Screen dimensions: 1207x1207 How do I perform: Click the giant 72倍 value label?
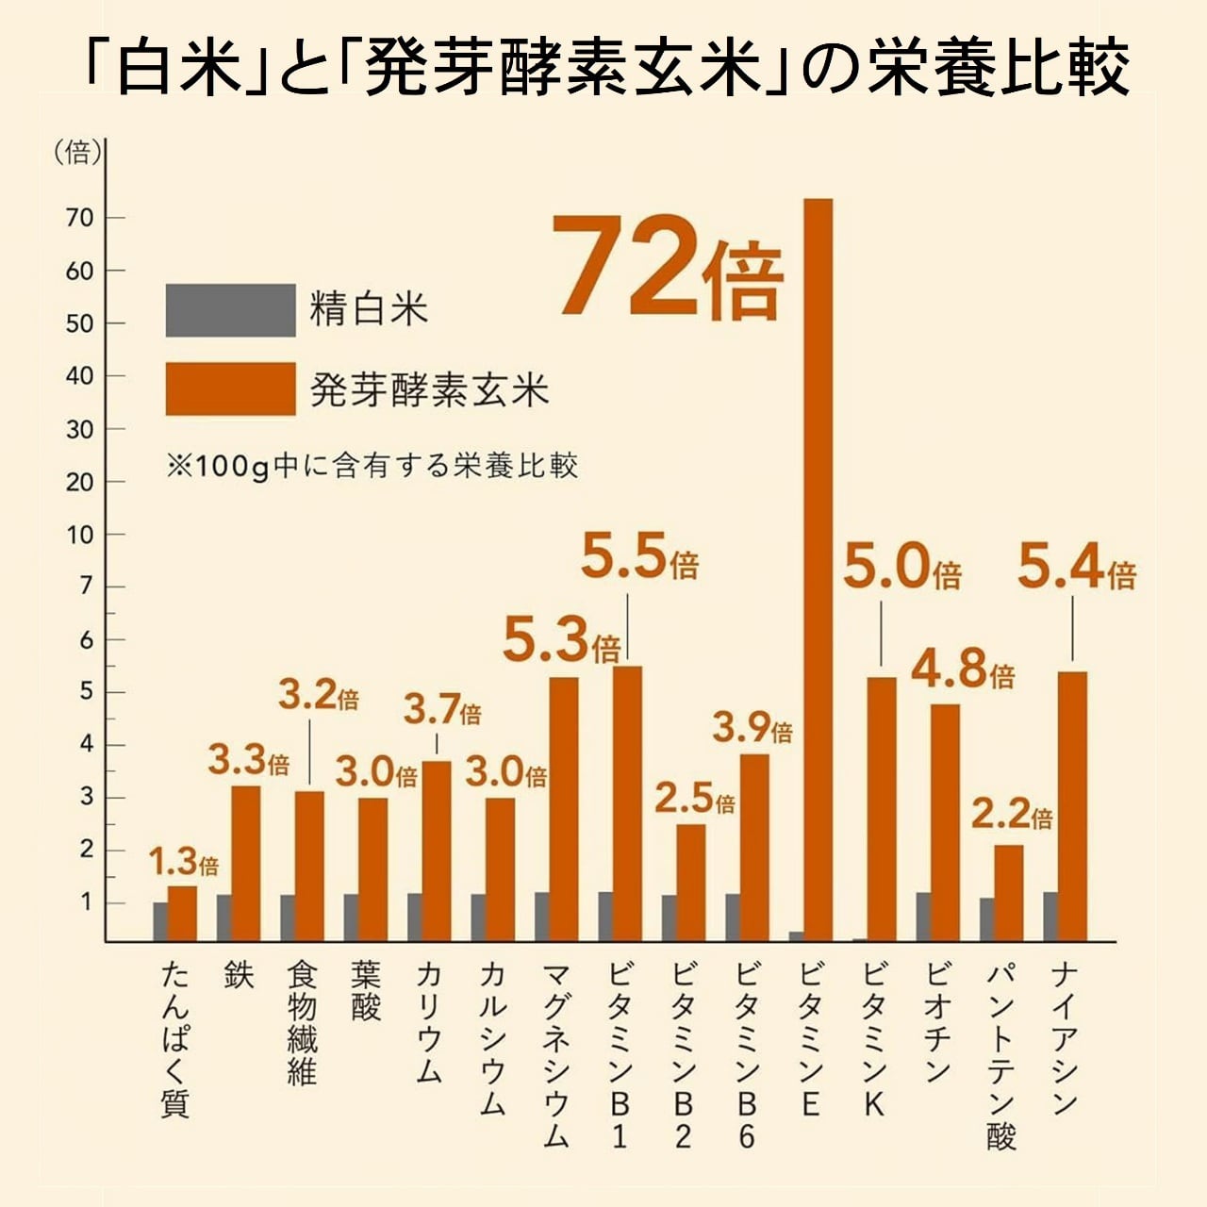pos(668,266)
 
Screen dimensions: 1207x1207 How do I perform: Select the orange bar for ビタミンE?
pos(818,566)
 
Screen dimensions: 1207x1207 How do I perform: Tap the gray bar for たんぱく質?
pos(160,921)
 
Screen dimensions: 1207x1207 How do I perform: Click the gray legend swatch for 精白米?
pos(230,310)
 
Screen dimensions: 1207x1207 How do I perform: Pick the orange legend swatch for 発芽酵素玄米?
pos(230,389)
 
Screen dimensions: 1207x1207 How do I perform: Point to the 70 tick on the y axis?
pos(81,218)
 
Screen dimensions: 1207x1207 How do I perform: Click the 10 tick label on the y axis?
pos(81,535)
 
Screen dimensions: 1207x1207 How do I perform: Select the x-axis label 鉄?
pos(239,975)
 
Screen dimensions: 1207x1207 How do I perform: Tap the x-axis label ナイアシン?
pos(1065,1037)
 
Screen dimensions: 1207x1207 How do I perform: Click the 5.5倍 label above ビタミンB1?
pos(639,558)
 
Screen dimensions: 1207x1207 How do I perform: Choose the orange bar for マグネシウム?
pos(564,809)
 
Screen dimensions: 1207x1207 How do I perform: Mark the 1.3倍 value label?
pos(184,862)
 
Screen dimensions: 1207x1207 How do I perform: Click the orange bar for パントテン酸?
pos(1008,892)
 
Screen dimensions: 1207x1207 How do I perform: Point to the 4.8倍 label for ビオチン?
pos(963,670)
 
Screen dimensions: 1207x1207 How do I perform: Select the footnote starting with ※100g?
pos(372,466)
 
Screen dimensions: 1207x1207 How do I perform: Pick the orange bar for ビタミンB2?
pos(690,883)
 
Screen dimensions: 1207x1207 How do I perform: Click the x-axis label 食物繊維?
pos(302,1023)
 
